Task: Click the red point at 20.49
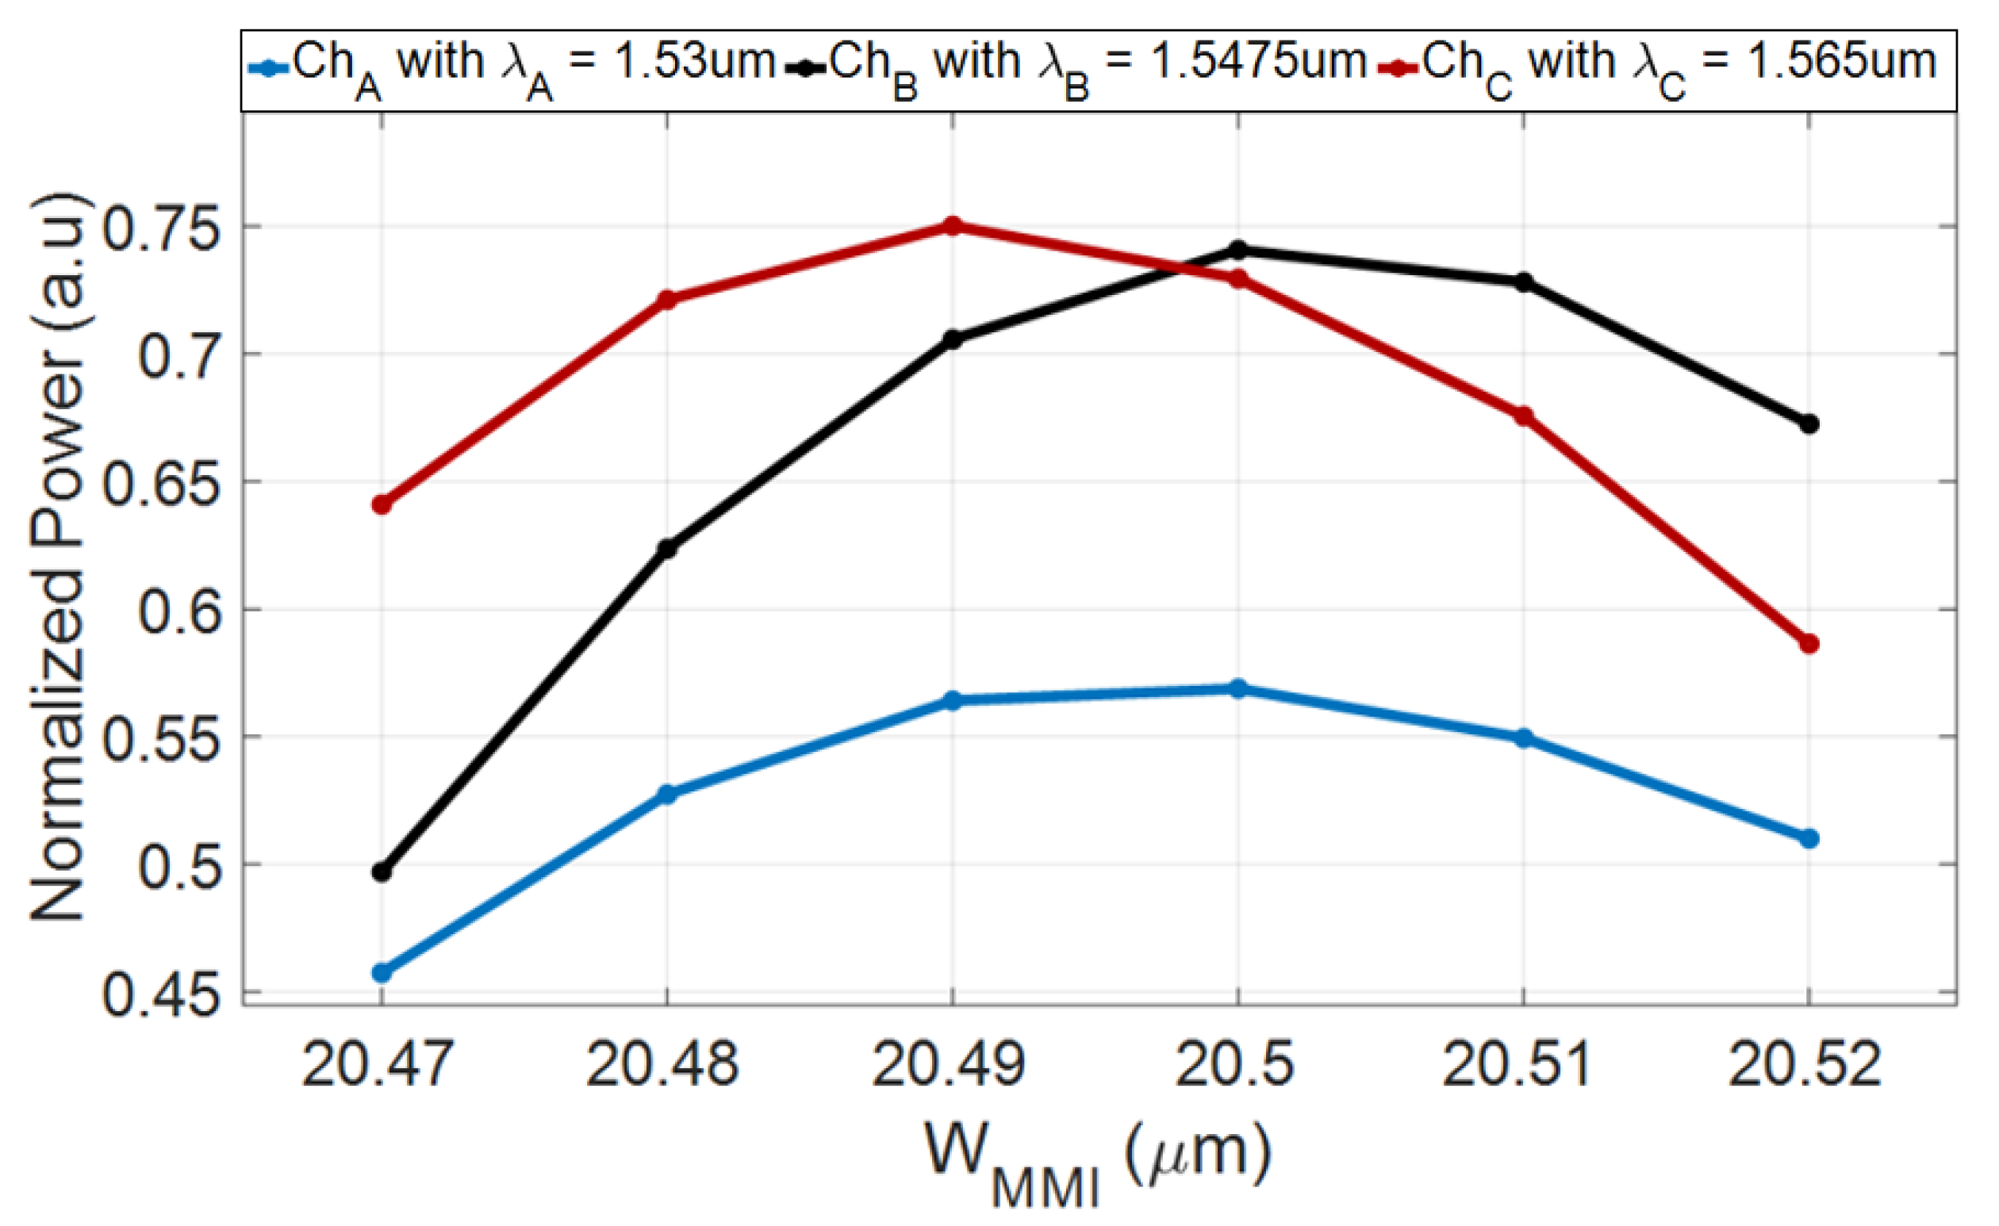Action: point(953,225)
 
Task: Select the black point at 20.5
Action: point(1238,250)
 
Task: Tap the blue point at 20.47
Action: point(382,972)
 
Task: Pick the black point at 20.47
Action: point(382,872)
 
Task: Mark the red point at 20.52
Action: point(1809,644)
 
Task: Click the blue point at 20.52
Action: point(1809,838)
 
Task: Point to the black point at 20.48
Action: point(667,549)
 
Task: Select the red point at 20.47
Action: point(382,504)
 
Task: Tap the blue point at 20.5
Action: point(1238,689)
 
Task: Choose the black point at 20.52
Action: point(1809,424)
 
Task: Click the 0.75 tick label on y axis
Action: point(160,229)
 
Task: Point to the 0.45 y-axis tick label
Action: point(160,995)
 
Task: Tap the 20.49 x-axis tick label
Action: point(950,1064)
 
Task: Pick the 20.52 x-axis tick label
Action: point(1805,1064)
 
